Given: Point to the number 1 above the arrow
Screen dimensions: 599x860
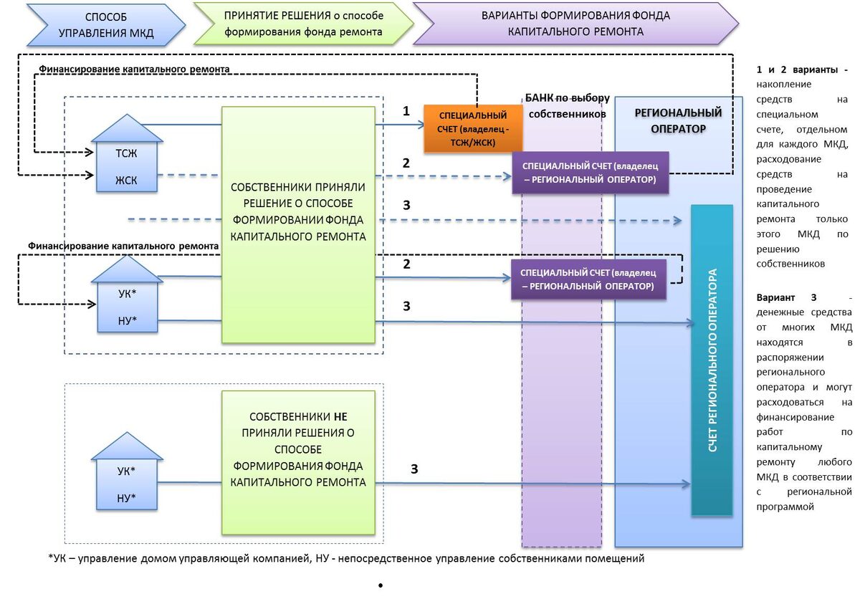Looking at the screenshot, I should [406, 111].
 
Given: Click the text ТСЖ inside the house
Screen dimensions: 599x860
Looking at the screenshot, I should [126, 153].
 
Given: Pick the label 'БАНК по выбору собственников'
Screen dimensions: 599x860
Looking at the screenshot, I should [567, 105].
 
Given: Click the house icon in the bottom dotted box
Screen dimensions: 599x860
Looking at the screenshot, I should [126, 473].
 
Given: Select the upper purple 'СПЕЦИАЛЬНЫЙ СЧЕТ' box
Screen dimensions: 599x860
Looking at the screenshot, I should [589, 173].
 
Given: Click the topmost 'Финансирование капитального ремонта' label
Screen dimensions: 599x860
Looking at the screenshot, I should [134, 69].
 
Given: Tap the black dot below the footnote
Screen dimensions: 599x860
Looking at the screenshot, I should [379, 587].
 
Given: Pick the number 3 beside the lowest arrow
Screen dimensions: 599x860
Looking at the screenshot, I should [414, 469].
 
